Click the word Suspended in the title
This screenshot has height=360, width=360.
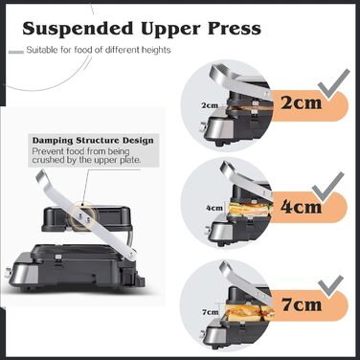point(78,29)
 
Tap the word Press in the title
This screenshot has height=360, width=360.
point(235,29)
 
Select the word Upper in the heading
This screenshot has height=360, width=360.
point(170,30)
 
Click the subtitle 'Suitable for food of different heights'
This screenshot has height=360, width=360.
point(99,50)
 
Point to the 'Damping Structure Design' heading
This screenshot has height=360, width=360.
point(93,141)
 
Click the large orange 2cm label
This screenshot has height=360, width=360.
point(301,102)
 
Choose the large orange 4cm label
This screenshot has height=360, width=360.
point(301,207)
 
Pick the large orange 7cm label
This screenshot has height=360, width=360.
point(302,304)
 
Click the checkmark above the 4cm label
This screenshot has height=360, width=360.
point(328,189)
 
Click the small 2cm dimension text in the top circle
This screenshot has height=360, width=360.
point(210,105)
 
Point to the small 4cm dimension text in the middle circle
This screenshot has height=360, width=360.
point(214,208)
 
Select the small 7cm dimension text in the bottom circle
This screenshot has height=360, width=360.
point(210,312)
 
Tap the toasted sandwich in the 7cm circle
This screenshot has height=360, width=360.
point(250,312)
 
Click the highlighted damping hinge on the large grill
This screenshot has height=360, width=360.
point(82,217)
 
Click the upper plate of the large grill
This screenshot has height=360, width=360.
point(87,219)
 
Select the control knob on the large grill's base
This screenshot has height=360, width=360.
point(7,273)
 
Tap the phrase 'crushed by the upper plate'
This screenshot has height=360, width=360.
point(86,160)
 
